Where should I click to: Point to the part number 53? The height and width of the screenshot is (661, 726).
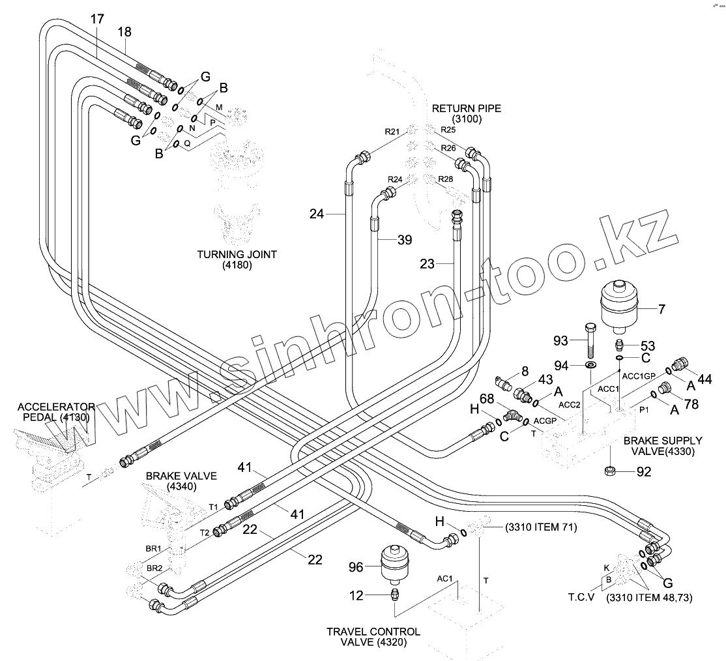click(x=648, y=346)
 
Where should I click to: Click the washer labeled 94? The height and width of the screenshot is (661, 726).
click(x=591, y=364)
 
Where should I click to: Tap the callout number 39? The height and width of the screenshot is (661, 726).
click(x=405, y=241)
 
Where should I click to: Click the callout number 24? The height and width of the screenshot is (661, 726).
click(x=316, y=213)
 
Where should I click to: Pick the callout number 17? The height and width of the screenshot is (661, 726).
click(x=96, y=19)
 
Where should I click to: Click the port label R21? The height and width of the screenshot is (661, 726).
click(x=392, y=132)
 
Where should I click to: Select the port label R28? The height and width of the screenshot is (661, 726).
click(x=446, y=179)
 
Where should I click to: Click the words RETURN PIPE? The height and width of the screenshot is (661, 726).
click(x=466, y=108)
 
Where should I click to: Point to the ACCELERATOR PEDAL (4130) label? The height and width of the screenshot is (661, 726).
click(x=57, y=411)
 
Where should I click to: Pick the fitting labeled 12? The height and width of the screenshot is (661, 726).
click(x=394, y=595)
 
